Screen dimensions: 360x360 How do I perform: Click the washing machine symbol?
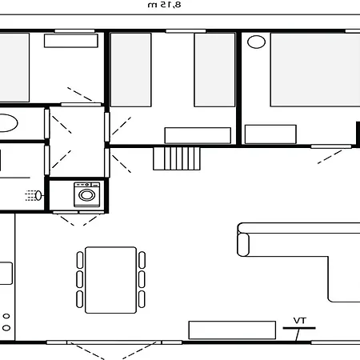coord(86,194)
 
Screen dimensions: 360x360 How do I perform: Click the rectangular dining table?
coord(110,279)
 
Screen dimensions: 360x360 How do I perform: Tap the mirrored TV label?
coord(300,320)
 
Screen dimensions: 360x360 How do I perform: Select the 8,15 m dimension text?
coord(165,5)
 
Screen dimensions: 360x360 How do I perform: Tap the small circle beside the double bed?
coord(256,41)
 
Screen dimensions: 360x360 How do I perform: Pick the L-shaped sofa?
coord(304,256)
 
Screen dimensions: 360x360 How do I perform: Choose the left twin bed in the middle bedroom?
coord(130,69)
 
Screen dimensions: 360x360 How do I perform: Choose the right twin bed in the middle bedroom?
coord(214,69)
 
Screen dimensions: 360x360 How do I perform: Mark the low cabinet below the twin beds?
coord(186,135)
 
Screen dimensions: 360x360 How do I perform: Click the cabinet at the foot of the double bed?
coord(270,134)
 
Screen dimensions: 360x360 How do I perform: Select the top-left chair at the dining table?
coord(80,260)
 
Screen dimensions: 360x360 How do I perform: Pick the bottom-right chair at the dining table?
coord(142,299)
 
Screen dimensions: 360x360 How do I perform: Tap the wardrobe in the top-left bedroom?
coord(71,41)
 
